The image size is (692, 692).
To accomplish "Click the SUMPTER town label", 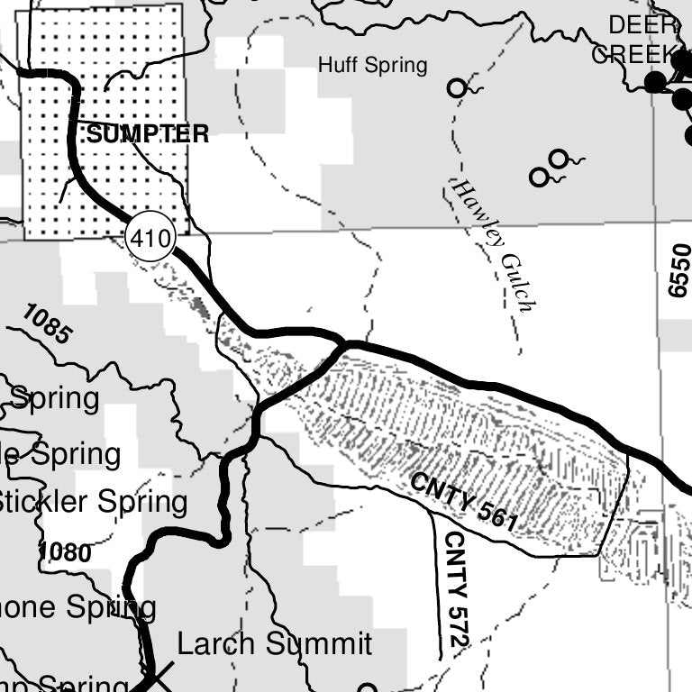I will (x=148, y=135).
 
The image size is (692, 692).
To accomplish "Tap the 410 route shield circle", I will (x=149, y=240).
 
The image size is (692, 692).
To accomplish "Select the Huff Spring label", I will (x=372, y=65).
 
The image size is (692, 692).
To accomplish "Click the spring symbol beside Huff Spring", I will (x=458, y=88).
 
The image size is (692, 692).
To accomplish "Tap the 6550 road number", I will (x=678, y=269).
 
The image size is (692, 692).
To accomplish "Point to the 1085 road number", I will (x=46, y=325).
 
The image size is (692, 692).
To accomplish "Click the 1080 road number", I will (x=65, y=551).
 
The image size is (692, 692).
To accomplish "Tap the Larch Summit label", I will (x=274, y=644).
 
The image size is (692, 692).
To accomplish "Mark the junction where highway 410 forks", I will (x=342, y=343).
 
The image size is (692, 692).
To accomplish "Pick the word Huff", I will (x=335, y=65).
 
